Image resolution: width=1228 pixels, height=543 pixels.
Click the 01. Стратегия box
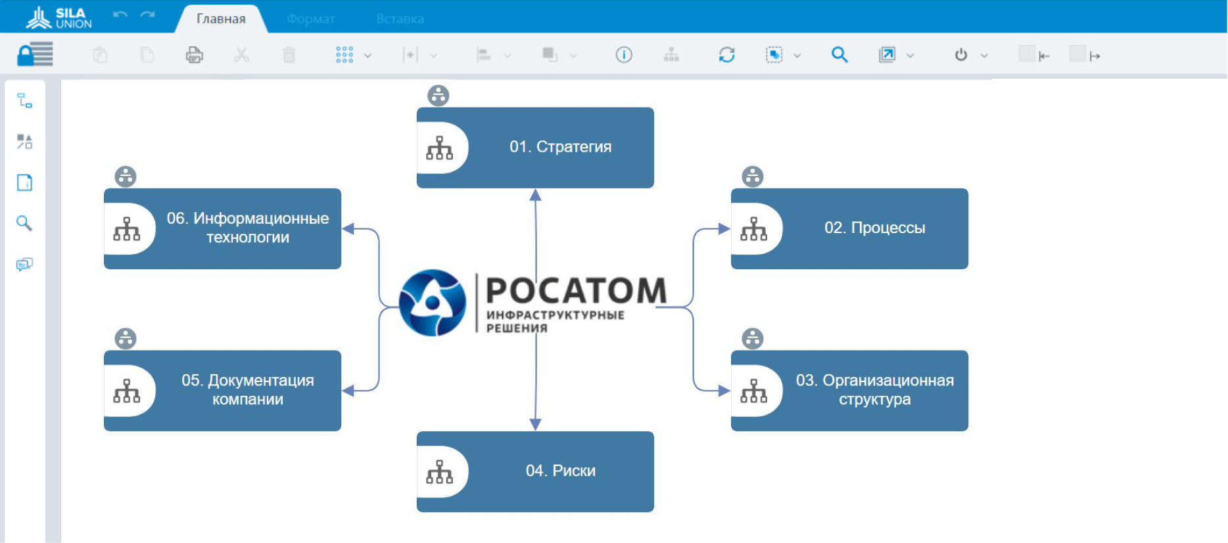535,148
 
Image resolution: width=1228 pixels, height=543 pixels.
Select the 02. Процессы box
849,228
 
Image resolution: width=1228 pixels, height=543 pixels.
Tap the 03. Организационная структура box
849,391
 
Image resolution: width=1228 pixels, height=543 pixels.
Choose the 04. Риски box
535,471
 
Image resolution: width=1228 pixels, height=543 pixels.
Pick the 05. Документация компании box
222,391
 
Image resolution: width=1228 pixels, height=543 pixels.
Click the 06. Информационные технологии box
222,228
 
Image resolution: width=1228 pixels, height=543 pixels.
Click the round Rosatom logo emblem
433,303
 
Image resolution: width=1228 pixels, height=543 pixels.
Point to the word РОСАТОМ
576,291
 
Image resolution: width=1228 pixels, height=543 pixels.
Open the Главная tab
221,19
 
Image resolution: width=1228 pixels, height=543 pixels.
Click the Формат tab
310,19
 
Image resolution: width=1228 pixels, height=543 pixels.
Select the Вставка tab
400,19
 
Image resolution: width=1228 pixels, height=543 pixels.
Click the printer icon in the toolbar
195,54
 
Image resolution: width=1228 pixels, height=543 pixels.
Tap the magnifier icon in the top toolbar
839,54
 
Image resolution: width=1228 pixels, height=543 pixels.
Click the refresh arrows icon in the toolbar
726,54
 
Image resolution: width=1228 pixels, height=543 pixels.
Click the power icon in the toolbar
961,54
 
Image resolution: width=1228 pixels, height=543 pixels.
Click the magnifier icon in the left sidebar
24,223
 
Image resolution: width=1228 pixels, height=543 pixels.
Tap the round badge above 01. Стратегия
438,96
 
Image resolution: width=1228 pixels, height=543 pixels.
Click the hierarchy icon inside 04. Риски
440,471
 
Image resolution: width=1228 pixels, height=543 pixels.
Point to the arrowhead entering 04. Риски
536,425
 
